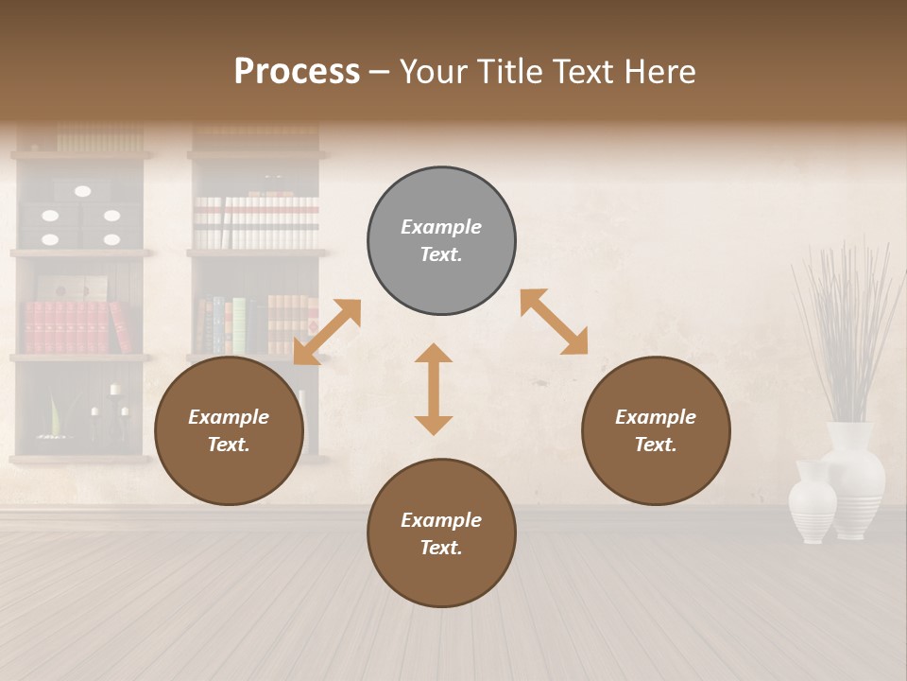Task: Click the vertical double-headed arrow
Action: tap(434, 389)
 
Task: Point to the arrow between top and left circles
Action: tap(327, 332)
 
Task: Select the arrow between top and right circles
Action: tap(554, 323)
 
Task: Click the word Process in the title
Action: tap(297, 72)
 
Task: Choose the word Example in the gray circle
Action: tap(441, 227)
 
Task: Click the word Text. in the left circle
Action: tap(229, 445)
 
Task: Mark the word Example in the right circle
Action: tap(656, 417)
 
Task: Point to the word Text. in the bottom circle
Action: tap(441, 548)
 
